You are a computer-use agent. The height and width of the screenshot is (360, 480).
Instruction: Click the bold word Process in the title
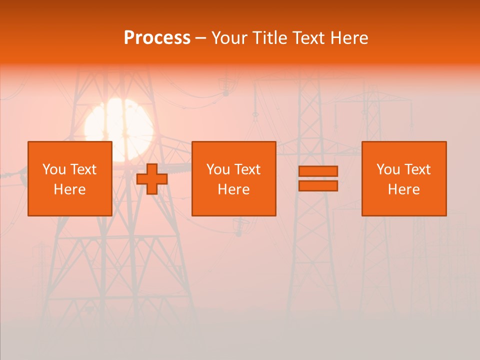(157, 38)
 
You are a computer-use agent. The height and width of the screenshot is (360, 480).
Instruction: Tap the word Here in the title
(349, 38)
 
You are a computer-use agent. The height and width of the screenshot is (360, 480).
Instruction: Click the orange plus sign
(152, 179)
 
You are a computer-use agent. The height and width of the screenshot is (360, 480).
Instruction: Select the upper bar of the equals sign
(318, 171)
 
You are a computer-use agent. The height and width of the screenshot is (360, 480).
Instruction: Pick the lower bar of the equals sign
(318, 186)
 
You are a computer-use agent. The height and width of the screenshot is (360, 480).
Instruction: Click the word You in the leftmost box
(53, 169)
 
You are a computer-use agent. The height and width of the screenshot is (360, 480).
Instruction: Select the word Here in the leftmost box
(70, 189)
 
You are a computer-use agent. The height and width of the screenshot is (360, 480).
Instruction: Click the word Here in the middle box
(234, 189)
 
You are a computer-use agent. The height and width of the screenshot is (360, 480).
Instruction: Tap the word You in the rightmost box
(387, 169)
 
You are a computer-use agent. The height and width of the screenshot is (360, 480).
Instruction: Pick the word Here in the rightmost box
(404, 189)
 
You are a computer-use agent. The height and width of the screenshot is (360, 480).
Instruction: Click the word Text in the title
(308, 38)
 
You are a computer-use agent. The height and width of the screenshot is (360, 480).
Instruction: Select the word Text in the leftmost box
(83, 169)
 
